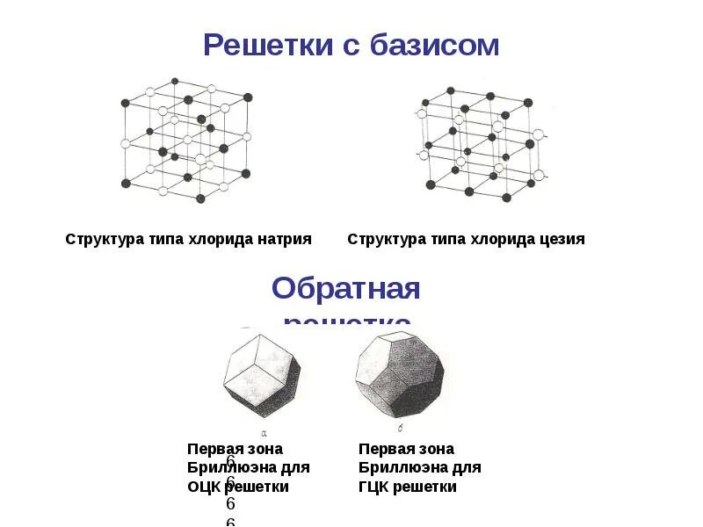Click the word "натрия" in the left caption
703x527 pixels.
[x=284, y=239]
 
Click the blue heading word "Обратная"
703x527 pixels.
[x=345, y=288]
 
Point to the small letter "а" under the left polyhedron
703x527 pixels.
[x=265, y=432]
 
